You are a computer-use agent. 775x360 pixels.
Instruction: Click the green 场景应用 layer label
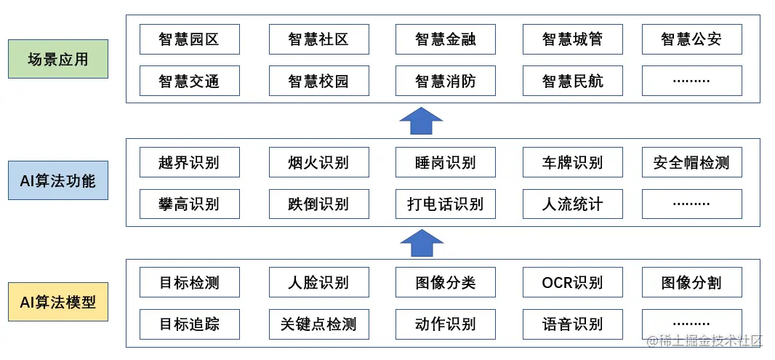57,59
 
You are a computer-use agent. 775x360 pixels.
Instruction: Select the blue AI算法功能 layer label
57,180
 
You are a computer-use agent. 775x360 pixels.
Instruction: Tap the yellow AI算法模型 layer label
57,302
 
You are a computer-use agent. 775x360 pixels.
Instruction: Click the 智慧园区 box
188,39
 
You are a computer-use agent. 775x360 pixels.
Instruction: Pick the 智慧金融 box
445,39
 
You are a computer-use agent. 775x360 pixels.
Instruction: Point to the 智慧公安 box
691,39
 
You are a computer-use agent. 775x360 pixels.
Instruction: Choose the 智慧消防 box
445,81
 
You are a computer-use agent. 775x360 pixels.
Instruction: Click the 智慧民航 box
572,81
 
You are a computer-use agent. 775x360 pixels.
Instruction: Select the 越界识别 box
188,162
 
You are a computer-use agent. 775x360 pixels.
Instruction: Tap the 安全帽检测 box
691,162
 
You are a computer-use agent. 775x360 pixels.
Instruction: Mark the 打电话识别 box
445,204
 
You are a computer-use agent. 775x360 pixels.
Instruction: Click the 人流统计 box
572,204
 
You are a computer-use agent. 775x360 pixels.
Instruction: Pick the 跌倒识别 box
318,204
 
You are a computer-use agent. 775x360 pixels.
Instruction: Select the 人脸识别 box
318,282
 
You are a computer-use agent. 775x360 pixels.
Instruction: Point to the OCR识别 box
572,282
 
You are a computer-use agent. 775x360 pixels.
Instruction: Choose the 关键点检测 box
318,324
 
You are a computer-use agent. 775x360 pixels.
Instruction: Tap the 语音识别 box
572,324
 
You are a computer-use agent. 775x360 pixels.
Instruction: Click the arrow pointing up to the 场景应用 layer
421,121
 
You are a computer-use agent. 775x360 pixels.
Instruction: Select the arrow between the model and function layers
421,243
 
